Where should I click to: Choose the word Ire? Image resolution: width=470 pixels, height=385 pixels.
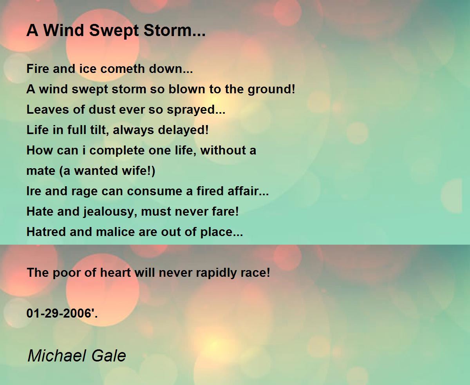(34, 191)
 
